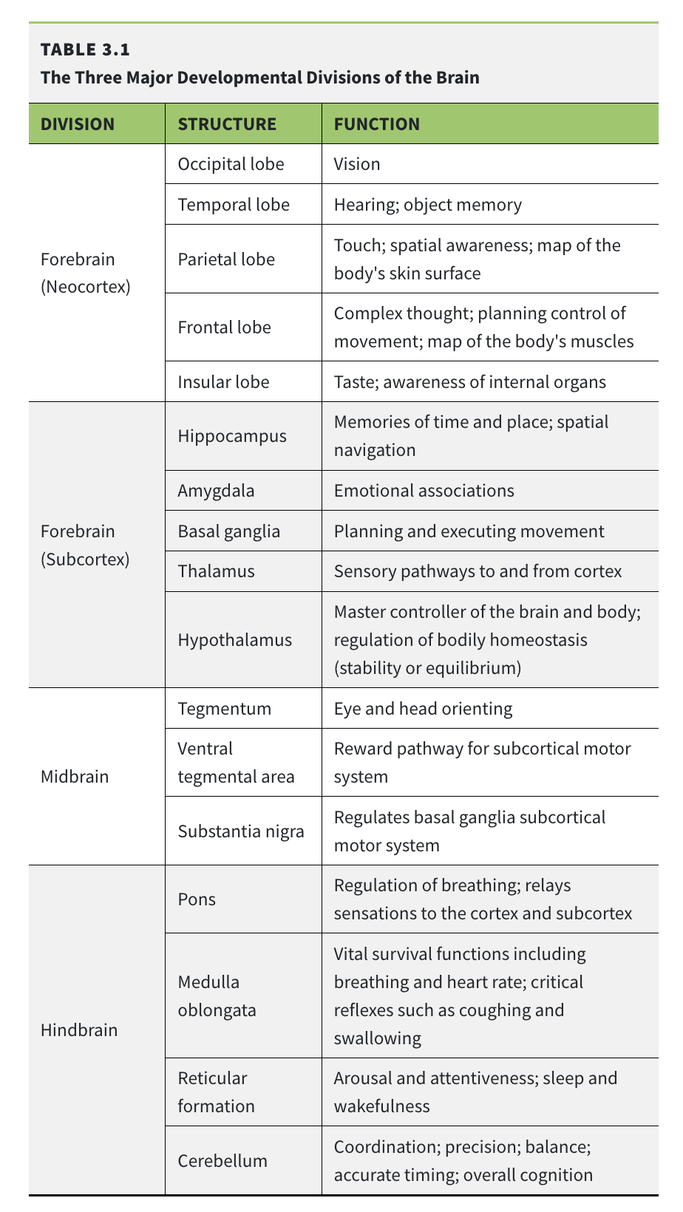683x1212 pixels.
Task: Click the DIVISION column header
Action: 78,123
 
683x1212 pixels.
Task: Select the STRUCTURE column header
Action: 227,123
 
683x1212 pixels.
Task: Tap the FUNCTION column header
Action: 377,123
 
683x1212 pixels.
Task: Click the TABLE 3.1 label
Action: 85,50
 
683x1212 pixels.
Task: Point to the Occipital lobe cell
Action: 231,163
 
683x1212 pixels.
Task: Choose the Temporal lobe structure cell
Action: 234,204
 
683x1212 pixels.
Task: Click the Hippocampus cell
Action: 232,436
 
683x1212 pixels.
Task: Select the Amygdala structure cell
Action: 216,491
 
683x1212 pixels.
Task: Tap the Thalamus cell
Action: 216,571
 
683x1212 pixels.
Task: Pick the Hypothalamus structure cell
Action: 235,639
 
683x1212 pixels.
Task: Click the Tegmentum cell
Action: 225,709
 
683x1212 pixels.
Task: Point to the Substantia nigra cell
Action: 241,831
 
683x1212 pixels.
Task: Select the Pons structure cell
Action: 197,899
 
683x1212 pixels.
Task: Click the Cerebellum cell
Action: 222,1160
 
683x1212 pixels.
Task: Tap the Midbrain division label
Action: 75,777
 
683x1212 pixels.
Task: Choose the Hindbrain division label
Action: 79,1029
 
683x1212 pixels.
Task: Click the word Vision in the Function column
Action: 357,163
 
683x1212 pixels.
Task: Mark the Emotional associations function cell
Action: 424,491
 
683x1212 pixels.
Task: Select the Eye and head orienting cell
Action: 423,709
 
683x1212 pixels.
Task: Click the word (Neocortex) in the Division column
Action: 86,287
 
